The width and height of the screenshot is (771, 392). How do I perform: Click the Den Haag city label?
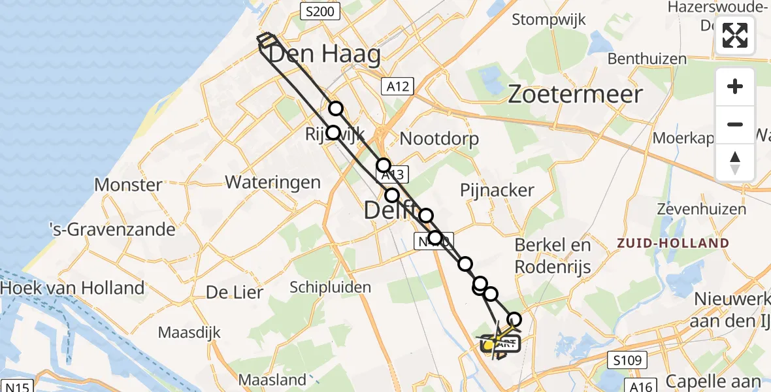point(324,54)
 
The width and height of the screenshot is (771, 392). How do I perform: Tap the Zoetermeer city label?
point(575,95)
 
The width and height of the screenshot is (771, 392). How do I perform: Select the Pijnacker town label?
point(497,191)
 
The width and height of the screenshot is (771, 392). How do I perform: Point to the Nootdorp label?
point(439,139)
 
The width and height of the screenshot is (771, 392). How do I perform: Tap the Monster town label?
point(128,184)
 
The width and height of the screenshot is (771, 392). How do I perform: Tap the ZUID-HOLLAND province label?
point(673,243)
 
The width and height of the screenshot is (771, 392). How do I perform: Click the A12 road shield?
point(397,86)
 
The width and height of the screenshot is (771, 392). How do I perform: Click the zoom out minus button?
point(735,124)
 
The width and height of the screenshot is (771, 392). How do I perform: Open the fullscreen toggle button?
point(735,35)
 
